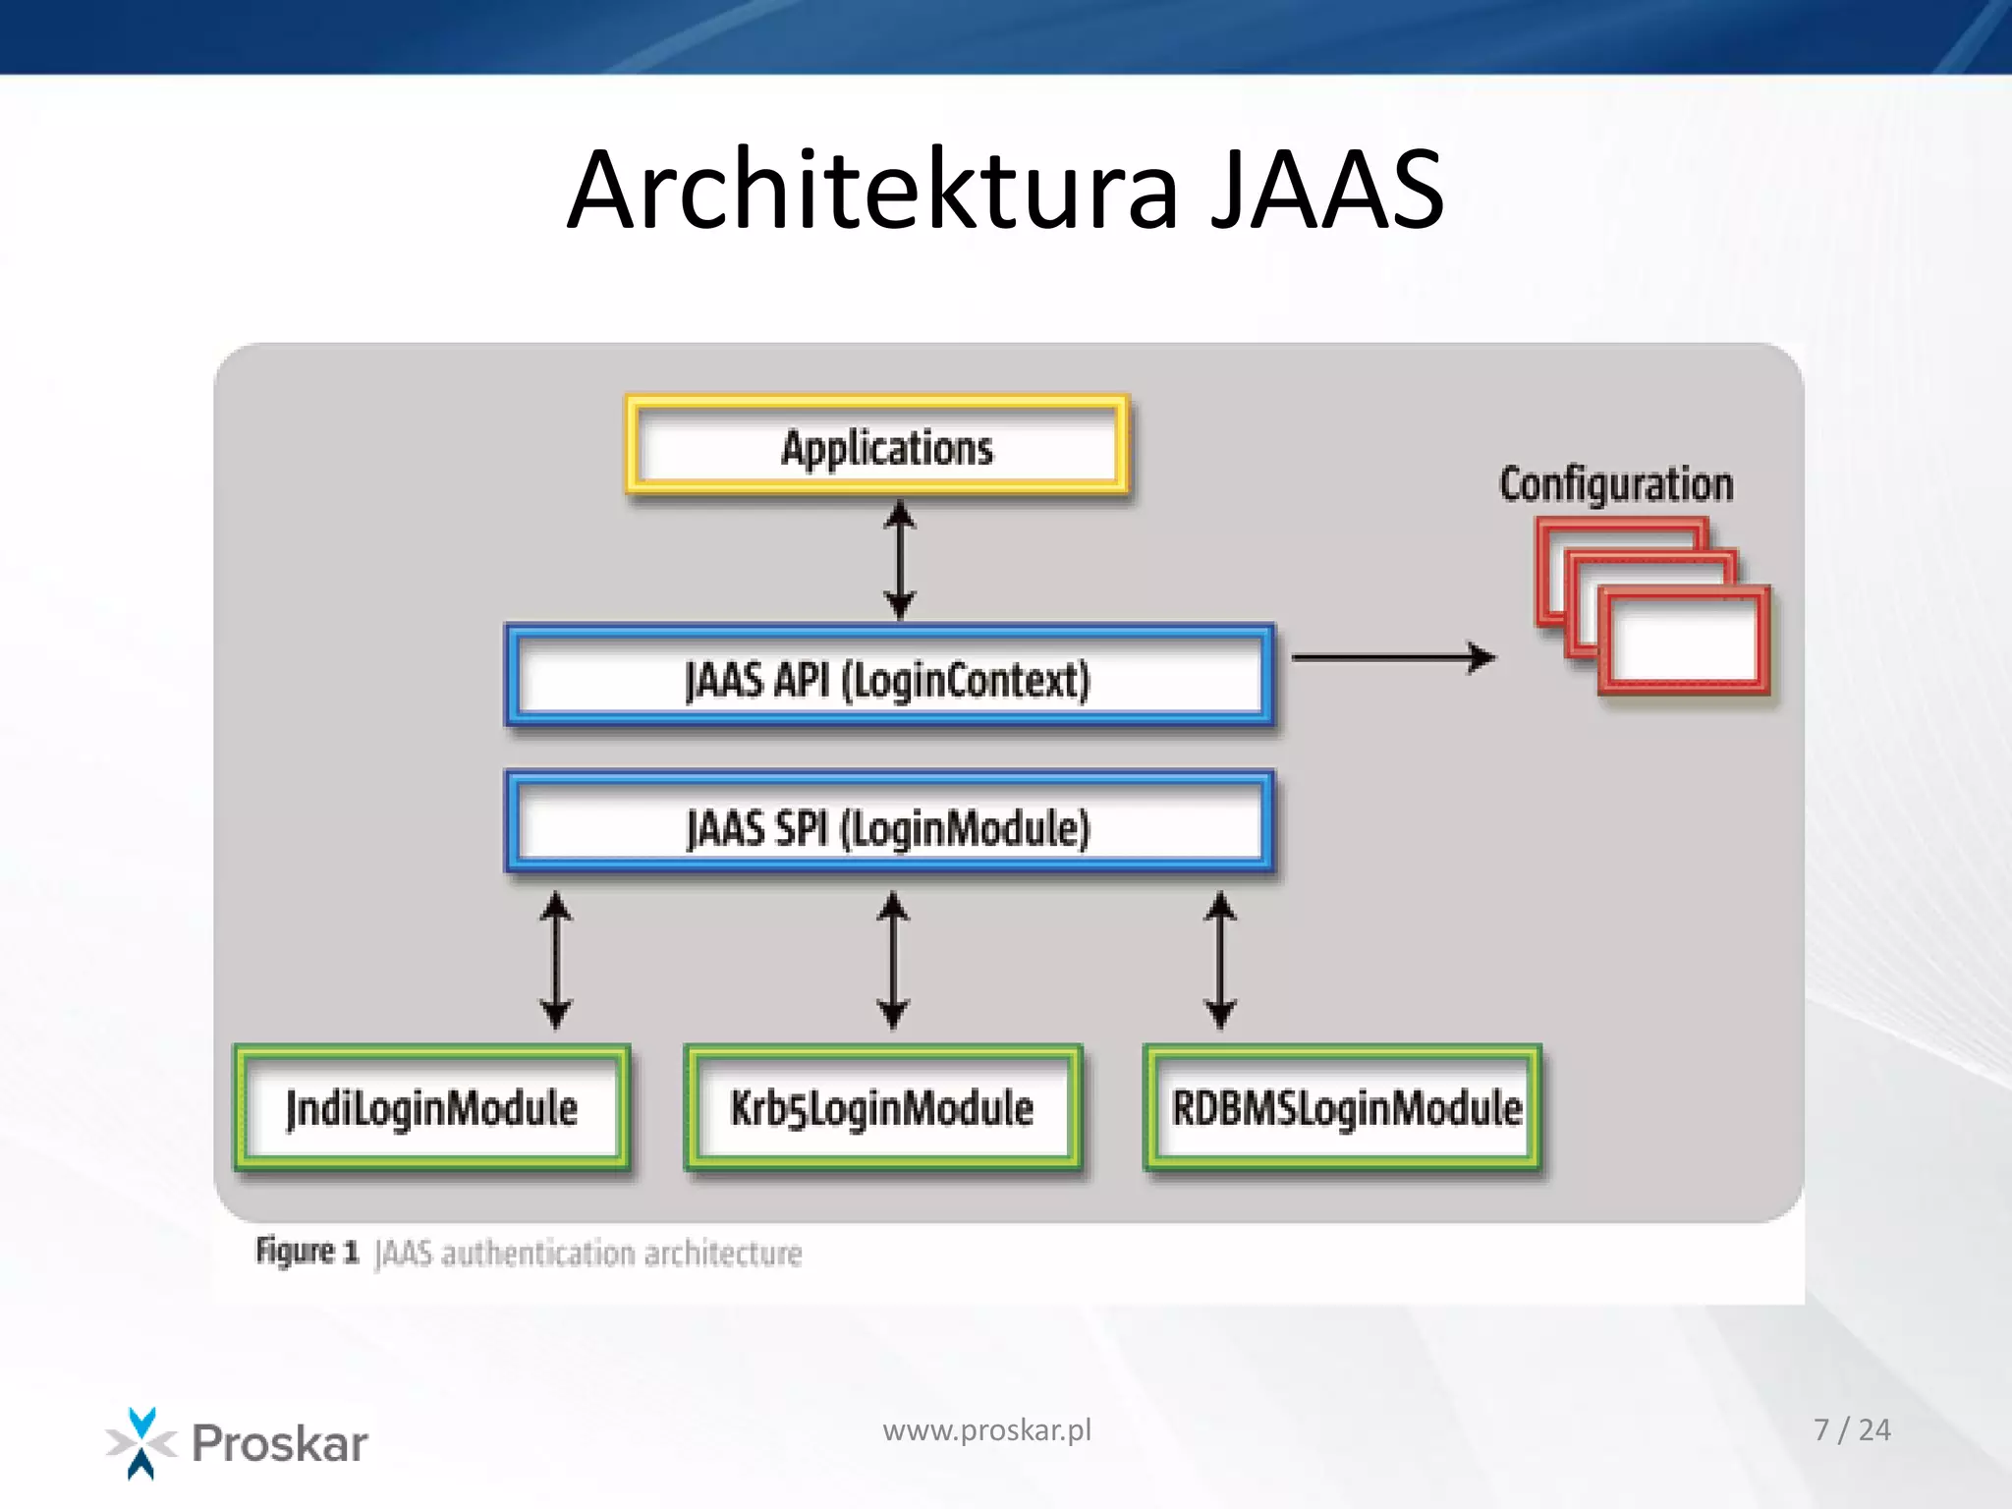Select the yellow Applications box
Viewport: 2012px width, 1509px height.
click(x=877, y=445)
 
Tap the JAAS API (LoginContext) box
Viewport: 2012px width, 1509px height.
click(x=889, y=678)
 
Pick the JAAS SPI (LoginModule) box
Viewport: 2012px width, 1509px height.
click(x=889, y=825)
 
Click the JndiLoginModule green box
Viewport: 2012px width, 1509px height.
click(x=432, y=1108)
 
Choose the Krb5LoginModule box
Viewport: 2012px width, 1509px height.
click(x=882, y=1108)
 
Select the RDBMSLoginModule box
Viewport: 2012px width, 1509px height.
click(x=1343, y=1108)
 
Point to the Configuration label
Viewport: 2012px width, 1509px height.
click(x=1616, y=484)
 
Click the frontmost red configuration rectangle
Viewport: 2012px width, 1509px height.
click(x=1684, y=641)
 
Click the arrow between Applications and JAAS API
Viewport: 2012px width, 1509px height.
click(x=900, y=560)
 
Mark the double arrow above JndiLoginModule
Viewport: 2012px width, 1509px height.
click(x=556, y=960)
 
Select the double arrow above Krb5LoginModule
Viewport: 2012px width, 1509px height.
click(x=892, y=960)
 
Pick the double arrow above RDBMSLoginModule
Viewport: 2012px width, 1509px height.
click(x=1220, y=960)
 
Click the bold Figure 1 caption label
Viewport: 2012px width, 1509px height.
click(x=307, y=1252)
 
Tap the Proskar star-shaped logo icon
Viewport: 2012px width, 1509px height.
click(x=141, y=1442)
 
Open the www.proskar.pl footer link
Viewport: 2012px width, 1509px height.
click(x=986, y=1430)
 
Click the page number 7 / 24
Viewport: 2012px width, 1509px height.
click(x=1851, y=1430)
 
